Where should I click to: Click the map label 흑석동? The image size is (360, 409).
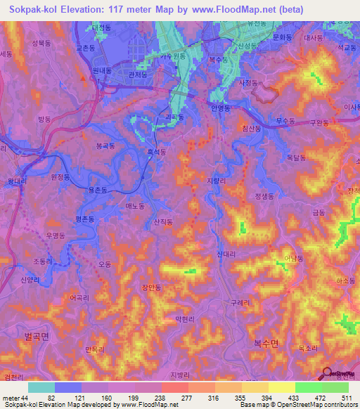click(156, 152)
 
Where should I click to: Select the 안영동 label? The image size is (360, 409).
click(220, 109)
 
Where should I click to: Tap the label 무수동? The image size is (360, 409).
click(285, 120)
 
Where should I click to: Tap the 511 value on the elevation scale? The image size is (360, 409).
click(345, 398)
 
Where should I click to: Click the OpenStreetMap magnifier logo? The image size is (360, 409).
click(328, 375)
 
